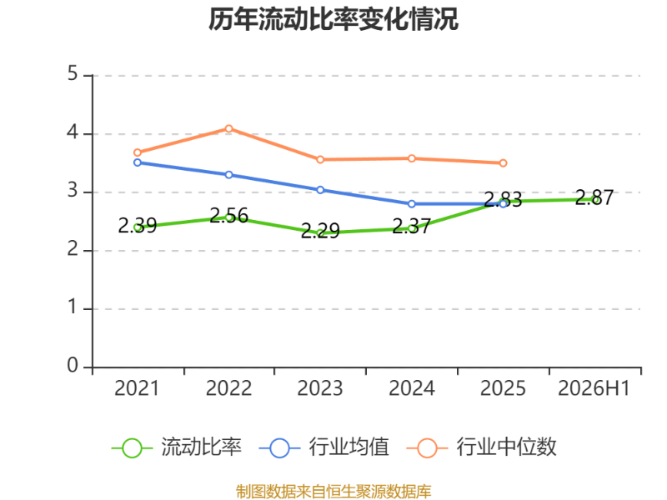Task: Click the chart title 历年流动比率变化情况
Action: (x=333, y=19)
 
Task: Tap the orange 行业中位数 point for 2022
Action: (x=228, y=128)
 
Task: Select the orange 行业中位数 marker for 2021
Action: (x=138, y=152)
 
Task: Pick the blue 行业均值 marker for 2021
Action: (x=138, y=162)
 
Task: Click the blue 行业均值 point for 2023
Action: (x=320, y=190)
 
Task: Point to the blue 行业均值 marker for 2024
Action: (x=412, y=204)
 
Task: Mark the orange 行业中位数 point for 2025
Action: (x=504, y=162)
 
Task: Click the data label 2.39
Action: (x=138, y=225)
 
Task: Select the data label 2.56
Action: (x=228, y=216)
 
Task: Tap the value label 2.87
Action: (x=594, y=197)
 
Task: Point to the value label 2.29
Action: (x=320, y=231)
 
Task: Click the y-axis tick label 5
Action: (x=73, y=73)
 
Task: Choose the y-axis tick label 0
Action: (x=73, y=365)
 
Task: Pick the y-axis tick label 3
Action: (x=73, y=191)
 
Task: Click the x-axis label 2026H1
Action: (x=594, y=388)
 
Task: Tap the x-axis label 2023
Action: (x=320, y=388)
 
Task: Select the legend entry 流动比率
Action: (x=177, y=447)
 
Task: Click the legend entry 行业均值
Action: (x=324, y=447)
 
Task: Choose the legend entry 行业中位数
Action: (x=481, y=447)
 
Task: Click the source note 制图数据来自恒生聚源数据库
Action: (x=333, y=491)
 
